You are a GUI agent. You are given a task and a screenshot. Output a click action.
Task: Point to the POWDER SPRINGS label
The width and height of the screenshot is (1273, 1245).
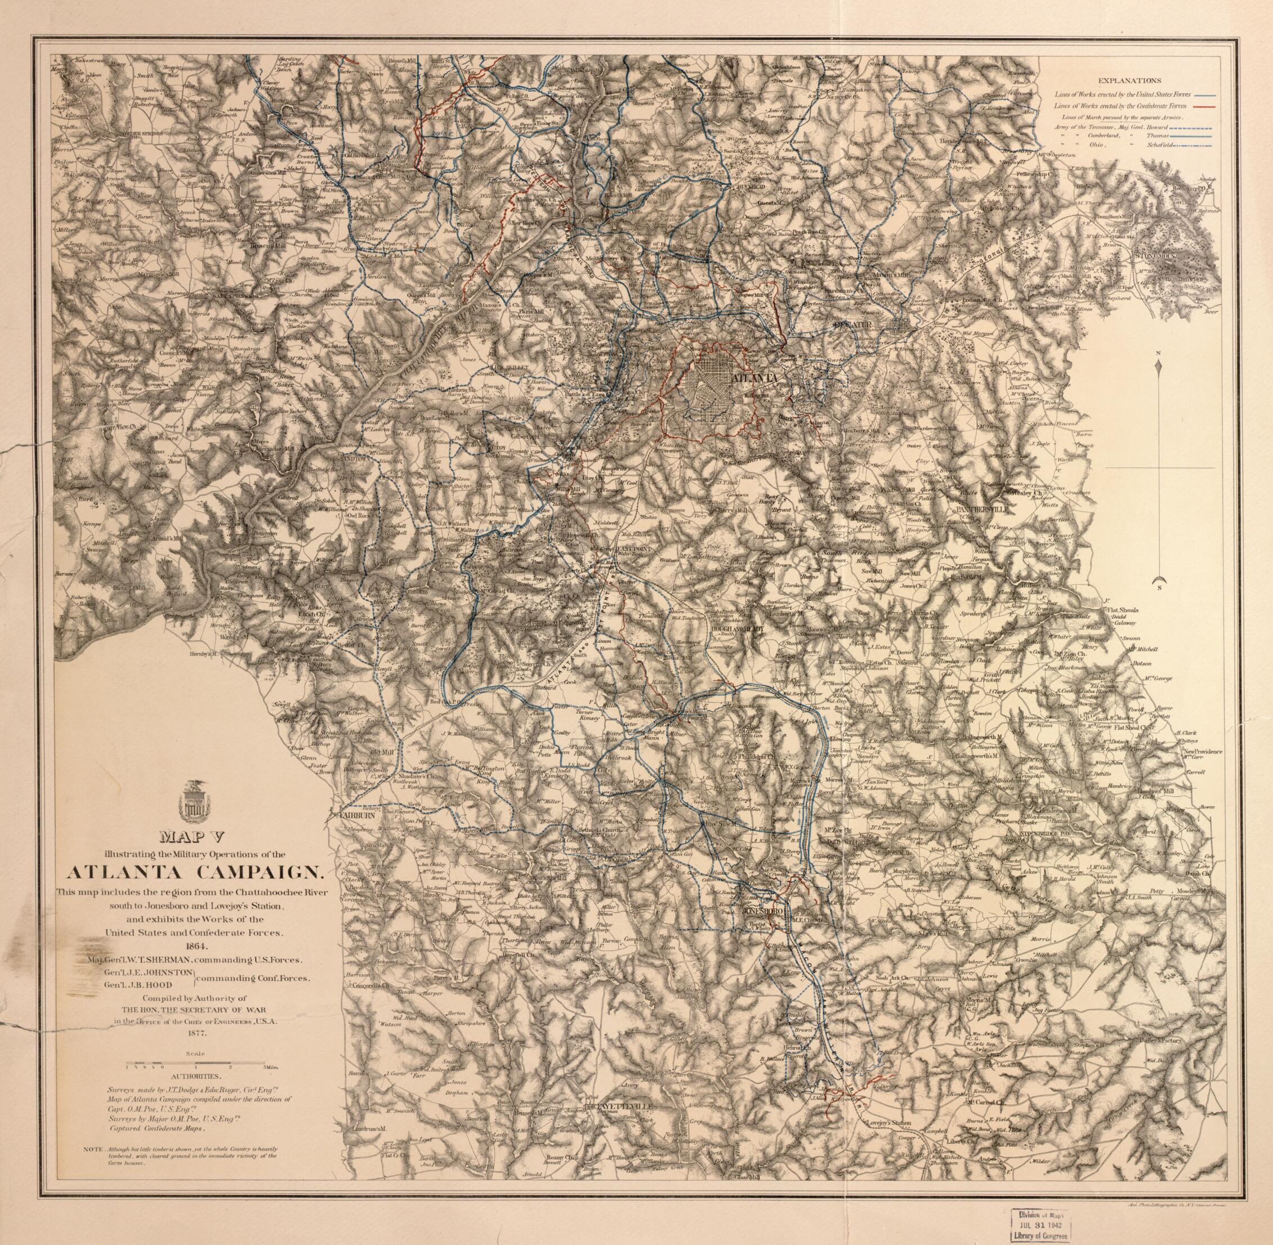(x=142, y=133)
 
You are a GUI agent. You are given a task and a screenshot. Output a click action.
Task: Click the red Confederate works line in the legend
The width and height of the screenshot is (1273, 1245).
(x=1208, y=105)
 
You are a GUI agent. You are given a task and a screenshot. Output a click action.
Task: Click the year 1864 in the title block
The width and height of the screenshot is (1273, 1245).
(x=192, y=945)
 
